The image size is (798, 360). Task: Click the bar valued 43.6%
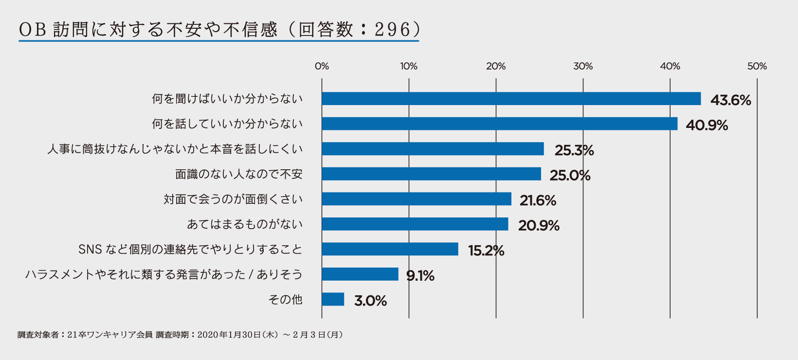[511, 99]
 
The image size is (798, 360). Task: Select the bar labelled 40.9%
[499, 124]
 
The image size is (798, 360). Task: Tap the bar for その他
[333, 299]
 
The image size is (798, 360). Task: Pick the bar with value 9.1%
[360, 274]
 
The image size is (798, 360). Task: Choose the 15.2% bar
[390, 249]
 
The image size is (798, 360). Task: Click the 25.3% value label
[574, 150]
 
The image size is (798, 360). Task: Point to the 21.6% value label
[538, 200]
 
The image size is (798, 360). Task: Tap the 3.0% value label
[370, 301]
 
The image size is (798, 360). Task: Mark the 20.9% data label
[539, 226]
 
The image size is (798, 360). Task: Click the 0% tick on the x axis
[322, 66]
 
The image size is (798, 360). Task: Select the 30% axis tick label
[583, 66]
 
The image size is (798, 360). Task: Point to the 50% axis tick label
[757, 66]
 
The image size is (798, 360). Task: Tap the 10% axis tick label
[409, 66]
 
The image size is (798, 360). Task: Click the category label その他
[286, 299]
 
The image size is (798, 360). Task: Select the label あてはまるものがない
[245, 224]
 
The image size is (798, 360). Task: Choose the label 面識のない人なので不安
[239, 174]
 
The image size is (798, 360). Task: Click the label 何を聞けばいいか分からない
[227, 99]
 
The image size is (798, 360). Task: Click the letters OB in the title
[33, 30]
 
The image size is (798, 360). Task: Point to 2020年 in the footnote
[213, 335]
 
